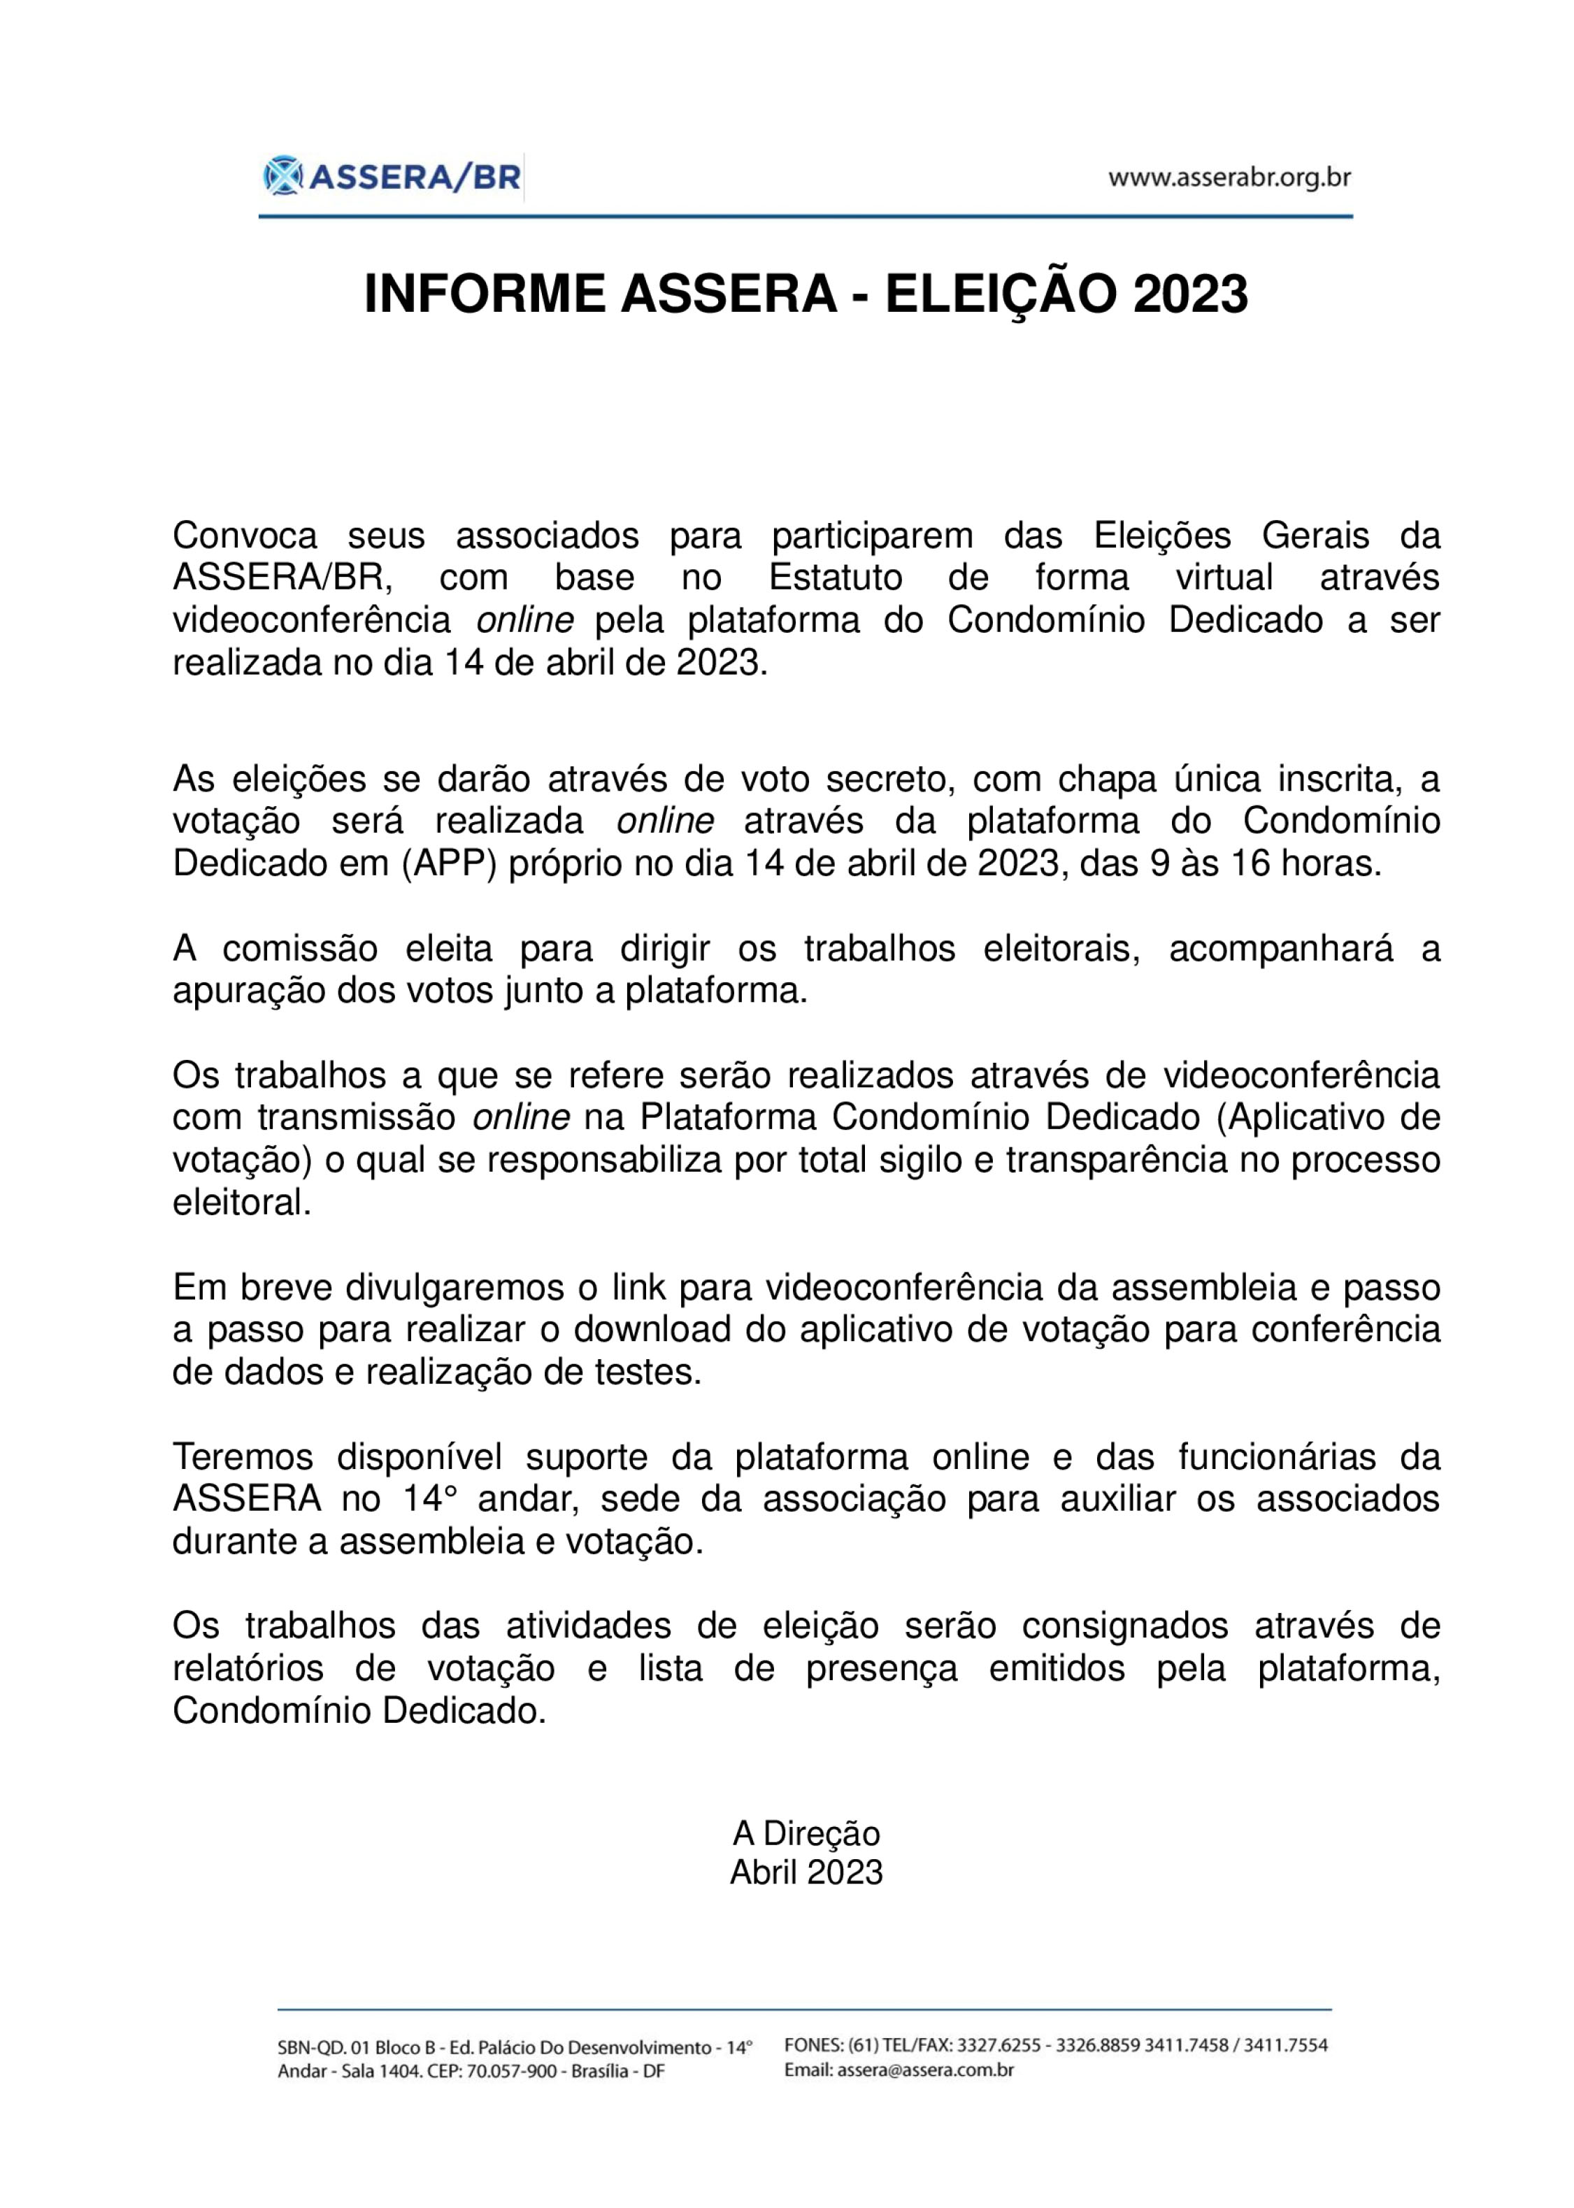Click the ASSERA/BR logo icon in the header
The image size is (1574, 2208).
(x=283, y=176)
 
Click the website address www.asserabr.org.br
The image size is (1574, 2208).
(x=1229, y=178)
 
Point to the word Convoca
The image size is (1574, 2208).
(x=244, y=536)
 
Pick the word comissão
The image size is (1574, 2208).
(x=301, y=949)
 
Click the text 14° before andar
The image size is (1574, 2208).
(x=429, y=1499)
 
